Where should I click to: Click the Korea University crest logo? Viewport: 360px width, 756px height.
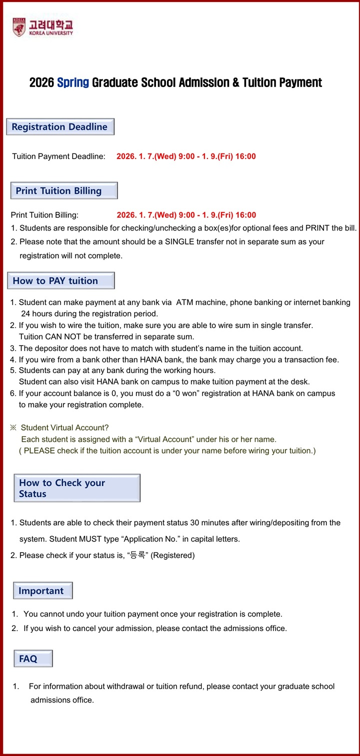click(x=18, y=27)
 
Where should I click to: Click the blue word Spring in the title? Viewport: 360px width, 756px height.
click(x=73, y=82)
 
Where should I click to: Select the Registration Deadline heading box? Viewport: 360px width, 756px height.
click(x=60, y=127)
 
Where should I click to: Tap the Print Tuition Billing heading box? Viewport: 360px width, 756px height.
click(x=64, y=190)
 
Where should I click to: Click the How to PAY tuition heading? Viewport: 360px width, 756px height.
click(x=60, y=280)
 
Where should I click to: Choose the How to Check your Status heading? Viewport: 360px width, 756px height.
click(x=76, y=488)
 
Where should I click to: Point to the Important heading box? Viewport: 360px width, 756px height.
click(x=42, y=590)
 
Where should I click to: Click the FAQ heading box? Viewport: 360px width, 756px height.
click(x=32, y=658)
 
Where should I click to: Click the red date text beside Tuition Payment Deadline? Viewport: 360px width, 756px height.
click(x=186, y=156)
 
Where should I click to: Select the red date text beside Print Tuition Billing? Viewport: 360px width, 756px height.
click(x=186, y=215)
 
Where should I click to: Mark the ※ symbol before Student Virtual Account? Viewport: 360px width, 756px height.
click(x=13, y=427)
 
